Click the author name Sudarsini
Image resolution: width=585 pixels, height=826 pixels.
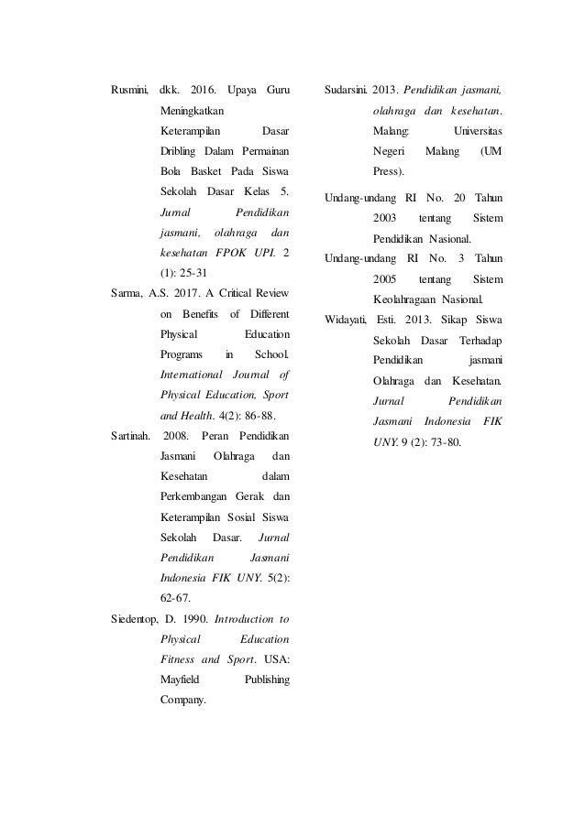point(346,91)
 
